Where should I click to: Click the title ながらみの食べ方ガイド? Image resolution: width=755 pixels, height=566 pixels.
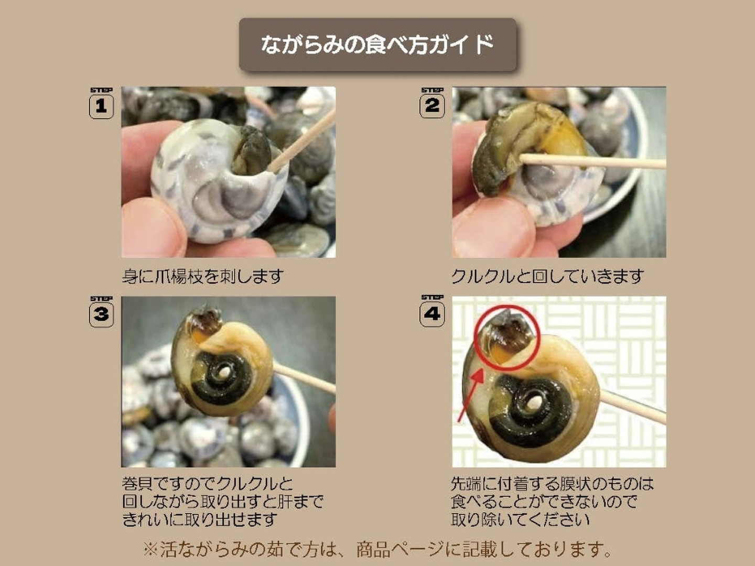[377, 45]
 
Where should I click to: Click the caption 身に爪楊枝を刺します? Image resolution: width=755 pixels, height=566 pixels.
[203, 276]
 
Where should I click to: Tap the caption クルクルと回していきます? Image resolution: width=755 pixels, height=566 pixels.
[547, 276]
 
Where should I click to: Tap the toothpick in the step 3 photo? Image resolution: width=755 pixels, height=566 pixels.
[305, 378]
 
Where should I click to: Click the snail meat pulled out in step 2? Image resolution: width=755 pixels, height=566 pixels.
[526, 144]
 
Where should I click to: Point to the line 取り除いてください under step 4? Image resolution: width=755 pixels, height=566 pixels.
[520, 519]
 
